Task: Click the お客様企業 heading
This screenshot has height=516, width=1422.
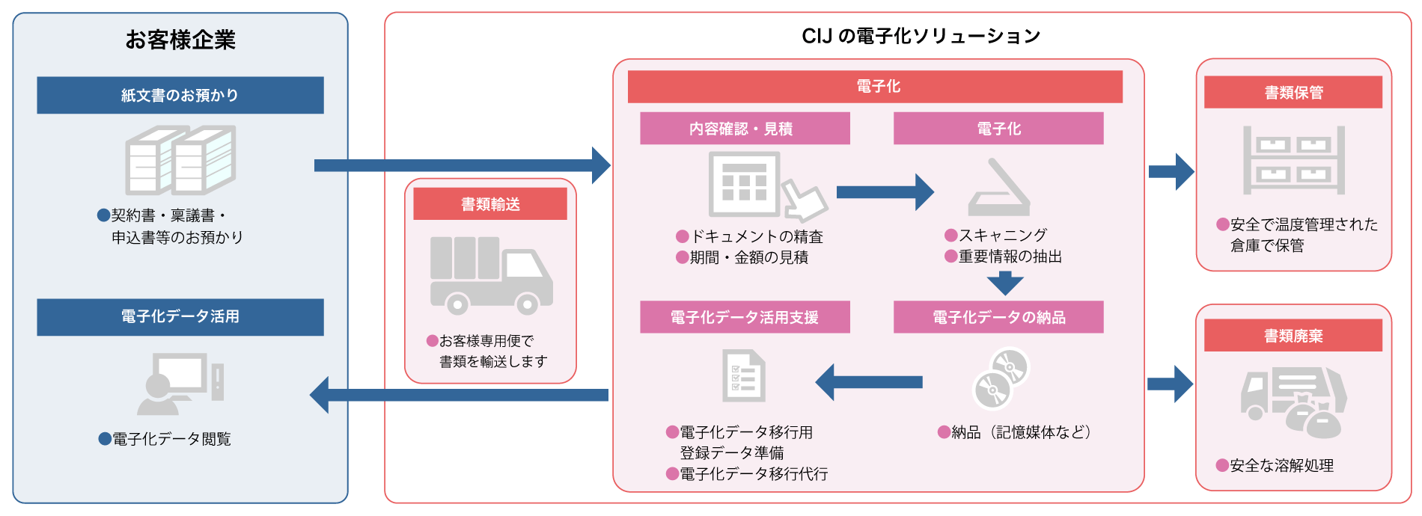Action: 180,40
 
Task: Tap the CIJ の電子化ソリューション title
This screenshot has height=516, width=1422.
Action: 921,36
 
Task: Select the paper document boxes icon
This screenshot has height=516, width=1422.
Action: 180,160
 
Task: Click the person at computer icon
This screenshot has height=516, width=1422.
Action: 180,384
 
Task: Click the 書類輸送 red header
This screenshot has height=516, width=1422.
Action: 490,204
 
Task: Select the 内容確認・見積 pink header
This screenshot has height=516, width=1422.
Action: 745,129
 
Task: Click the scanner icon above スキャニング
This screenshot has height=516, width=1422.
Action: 999,188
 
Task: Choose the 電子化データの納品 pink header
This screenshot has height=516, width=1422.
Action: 998,317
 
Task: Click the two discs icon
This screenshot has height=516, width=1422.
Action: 1001,378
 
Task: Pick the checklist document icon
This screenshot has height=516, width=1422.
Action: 743,376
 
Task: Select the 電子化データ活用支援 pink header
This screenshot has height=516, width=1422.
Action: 745,317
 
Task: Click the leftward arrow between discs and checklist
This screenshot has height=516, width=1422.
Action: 868,382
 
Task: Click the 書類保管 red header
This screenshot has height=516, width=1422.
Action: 1293,93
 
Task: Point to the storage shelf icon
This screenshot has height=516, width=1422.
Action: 1293,160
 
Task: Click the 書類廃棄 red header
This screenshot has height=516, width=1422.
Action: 1293,336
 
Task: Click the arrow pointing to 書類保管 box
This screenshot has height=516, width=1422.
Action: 1171,172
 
